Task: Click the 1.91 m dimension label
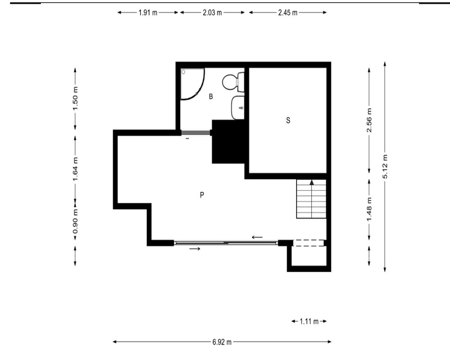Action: tap(148, 13)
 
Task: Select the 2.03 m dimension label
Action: tap(212, 13)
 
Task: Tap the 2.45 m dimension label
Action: tap(288, 13)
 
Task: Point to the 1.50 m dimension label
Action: tap(75, 99)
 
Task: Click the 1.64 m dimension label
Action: tap(75, 169)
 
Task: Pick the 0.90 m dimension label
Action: tap(75, 221)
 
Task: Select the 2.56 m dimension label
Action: tap(369, 120)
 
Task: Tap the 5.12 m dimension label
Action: tap(385, 166)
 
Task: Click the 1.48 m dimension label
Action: tap(369, 209)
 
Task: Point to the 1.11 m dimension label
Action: tap(309, 321)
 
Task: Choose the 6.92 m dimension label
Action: tap(222, 342)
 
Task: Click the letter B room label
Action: tap(211, 96)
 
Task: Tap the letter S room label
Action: tap(288, 120)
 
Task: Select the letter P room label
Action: tap(202, 195)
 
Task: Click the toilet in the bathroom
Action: tap(233, 82)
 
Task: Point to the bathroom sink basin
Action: tap(238, 108)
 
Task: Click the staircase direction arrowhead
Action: tap(312, 182)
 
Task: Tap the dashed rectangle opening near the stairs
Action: tap(308, 243)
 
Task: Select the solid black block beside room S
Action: tap(229, 142)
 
